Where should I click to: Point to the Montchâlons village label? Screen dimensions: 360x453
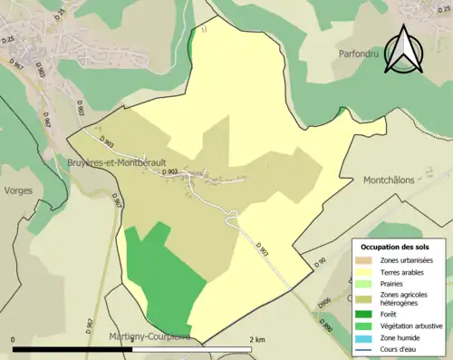point(389,180)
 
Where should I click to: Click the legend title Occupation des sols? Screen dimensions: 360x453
point(396,247)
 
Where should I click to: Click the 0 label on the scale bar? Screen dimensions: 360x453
point(14,338)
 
